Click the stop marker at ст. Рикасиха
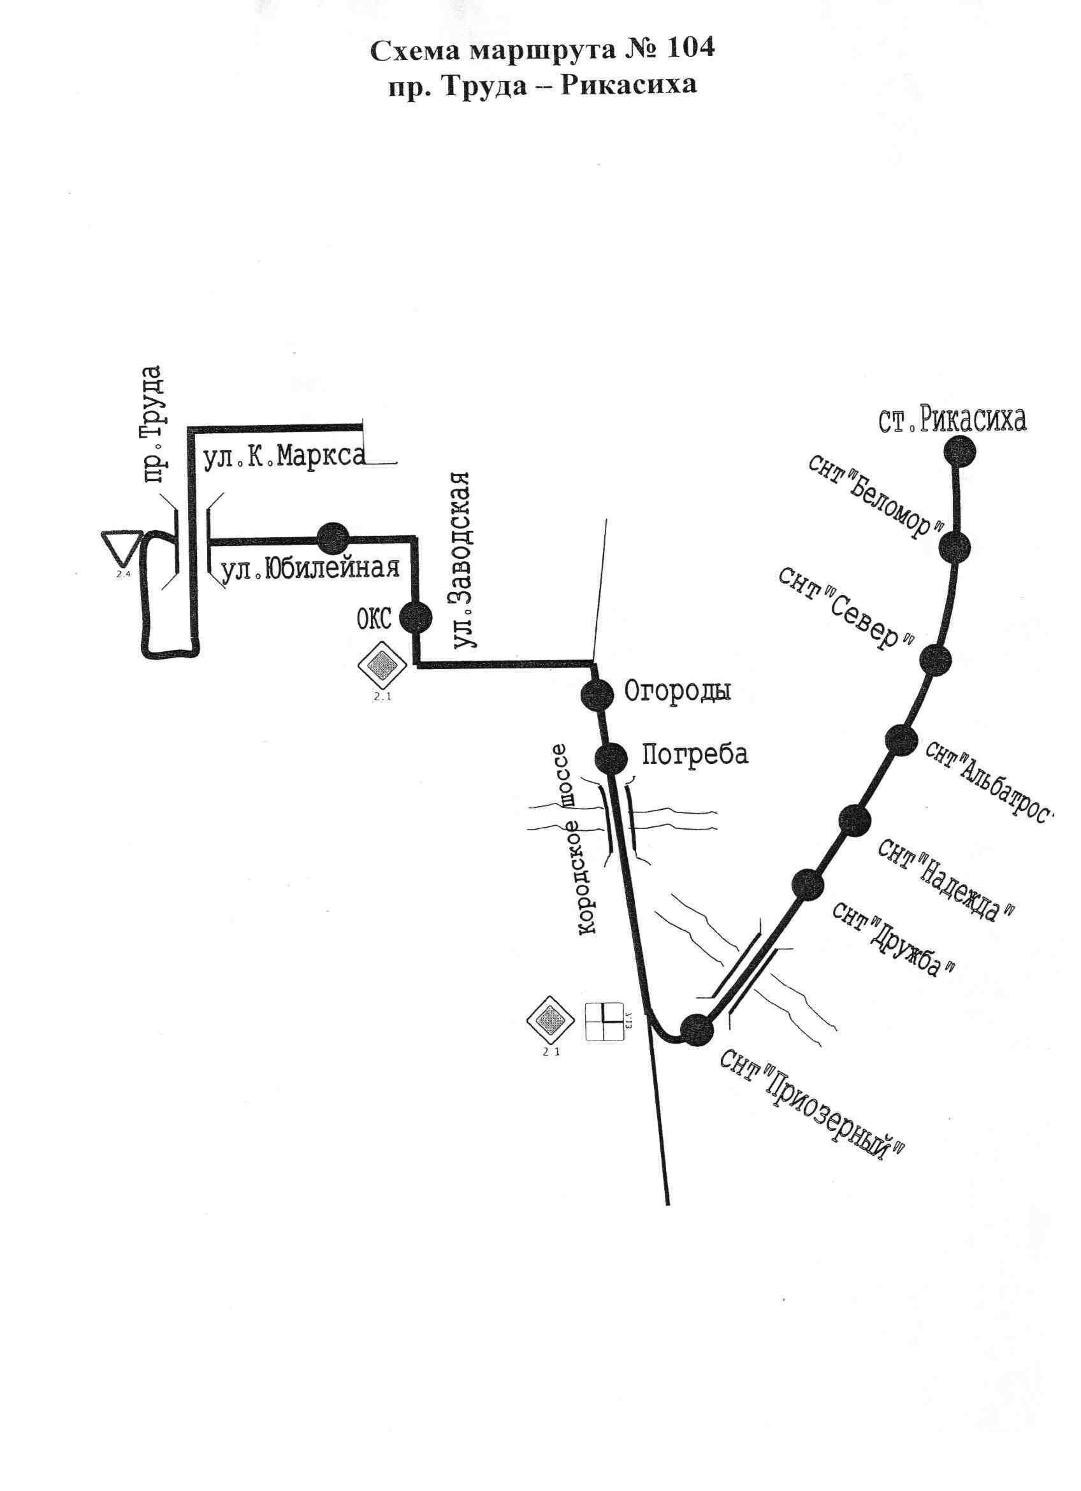tap(959, 451)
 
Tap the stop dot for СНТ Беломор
tap(955, 546)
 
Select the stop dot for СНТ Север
tap(935, 659)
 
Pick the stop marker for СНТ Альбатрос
tap(901, 740)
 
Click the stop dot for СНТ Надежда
tap(855, 821)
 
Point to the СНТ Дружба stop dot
tap(808, 884)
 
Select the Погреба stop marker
tap(611, 758)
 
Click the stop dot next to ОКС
tap(416, 617)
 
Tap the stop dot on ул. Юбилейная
tap(333, 538)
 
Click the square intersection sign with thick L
tap(604, 1021)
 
